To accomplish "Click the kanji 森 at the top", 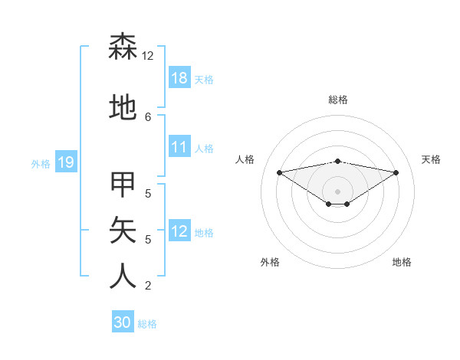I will click(x=123, y=47).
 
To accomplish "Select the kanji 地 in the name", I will click(x=123, y=108).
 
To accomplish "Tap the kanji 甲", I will click(x=123, y=185).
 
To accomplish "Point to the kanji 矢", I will click(x=123, y=229).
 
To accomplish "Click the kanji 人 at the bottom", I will click(x=123, y=275).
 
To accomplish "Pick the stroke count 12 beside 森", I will click(x=148, y=56).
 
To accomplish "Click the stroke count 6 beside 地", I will click(x=148, y=116).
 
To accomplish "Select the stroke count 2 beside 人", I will click(x=148, y=286).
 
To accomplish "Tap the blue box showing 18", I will click(x=179, y=78).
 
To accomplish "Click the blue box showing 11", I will click(x=179, y=147).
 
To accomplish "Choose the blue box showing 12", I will click(x=179, y=231).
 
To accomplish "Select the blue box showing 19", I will click(x=66, y=162).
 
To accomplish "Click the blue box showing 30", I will click(x=123, y=322).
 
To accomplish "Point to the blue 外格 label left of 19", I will click(x=41, y=163).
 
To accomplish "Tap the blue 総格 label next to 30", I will click(x=147, y=324).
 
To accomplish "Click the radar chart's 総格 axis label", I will click(x=337, y=100).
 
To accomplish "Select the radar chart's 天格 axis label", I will click(x=431, y=159).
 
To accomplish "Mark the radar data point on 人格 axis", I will click(x=280, y=172).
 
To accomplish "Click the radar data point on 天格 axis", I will click(x=396, y=172).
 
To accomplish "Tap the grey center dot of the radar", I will click(x=337, y=191).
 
